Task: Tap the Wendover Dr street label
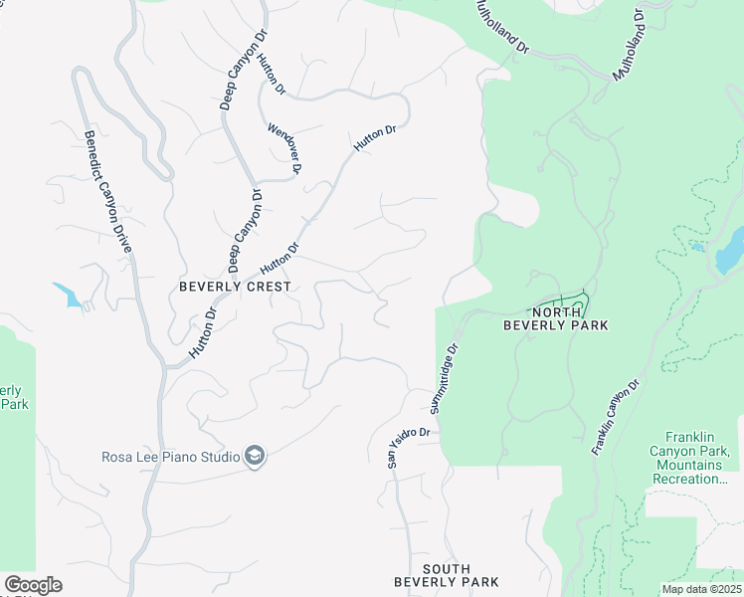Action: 283,148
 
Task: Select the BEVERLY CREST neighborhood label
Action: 236,287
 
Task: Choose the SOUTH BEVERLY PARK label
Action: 446,575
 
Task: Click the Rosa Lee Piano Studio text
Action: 171,457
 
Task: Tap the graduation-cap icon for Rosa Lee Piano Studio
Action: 256,457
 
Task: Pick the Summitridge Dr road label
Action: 445,379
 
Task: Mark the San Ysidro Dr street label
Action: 409,445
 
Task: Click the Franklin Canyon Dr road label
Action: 615,416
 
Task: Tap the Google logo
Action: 33,585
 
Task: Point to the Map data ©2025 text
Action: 700,588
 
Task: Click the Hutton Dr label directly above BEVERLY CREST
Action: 279,259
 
